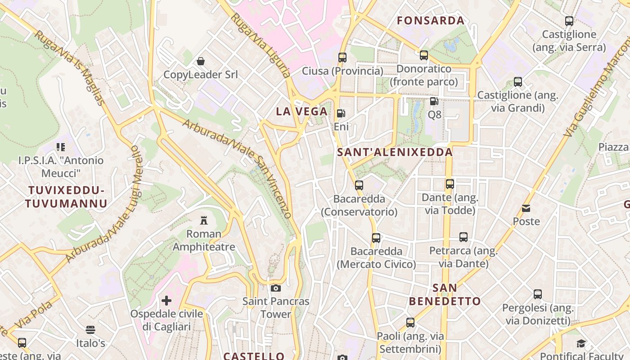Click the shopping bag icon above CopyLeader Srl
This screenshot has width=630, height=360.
[x=201, y=61]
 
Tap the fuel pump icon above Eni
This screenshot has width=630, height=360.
[x=341, y=113]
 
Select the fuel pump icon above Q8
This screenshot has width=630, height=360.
[x=434, y=101]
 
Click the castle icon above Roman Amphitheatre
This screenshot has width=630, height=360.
[x=204, y=220]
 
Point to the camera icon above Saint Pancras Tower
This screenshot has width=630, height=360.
[x=276, y=288]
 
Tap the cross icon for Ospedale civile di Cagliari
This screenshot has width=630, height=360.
[x=166, y=300]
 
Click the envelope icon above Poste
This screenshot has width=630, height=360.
[x=526, y=208]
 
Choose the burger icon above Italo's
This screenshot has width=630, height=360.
[x=90, y=330]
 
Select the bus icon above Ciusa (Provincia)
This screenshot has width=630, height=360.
[x=342, y=58]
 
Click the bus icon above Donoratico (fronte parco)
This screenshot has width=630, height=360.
[x=424, y=55]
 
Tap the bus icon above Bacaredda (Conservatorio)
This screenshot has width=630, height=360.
[x=359, y=185]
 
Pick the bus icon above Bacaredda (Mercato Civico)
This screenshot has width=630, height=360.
[x=376, y=238]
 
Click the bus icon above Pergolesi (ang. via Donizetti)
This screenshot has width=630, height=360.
[x=538, y=294]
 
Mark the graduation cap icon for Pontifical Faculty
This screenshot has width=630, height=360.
[x=581, y=344]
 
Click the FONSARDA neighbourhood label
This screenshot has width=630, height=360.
[x=431, y=21]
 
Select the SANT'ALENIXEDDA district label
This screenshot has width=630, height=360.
[x=395, y=152]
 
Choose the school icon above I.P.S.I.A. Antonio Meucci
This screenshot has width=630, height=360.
[x=61, y=147]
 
